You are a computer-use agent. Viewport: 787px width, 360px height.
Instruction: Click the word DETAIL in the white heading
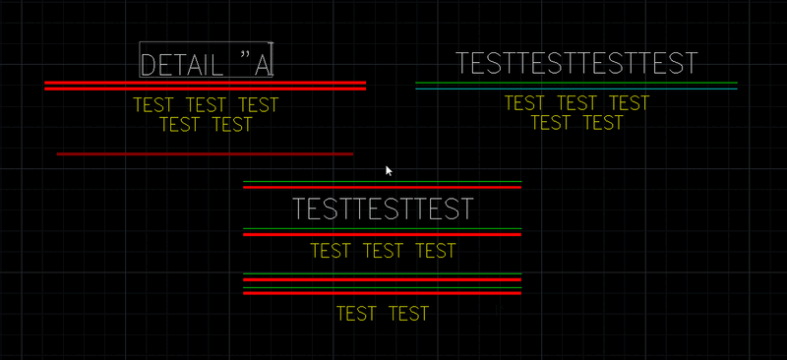tap(182, 65)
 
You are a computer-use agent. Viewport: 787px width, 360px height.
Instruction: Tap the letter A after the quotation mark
tap(263, 65)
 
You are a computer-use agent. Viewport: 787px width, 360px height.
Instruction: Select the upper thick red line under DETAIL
tap(205, 83)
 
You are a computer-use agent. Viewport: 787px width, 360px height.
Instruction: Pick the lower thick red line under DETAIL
tap(205, 89)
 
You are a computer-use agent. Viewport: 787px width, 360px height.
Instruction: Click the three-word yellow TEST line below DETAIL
tap(206, 105)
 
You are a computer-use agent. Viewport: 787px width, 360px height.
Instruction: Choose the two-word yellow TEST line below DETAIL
tap(206, 125)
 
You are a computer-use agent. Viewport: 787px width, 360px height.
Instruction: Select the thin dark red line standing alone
tap(205, 153)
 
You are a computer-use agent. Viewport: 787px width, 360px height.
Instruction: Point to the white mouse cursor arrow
tap(389, 170)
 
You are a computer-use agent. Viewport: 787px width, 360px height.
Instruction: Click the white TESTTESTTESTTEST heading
tap(576, 64)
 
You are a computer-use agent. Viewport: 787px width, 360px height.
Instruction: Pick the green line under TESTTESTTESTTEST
tap(576, 83)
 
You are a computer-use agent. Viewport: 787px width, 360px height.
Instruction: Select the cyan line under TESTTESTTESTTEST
tap(576, 89)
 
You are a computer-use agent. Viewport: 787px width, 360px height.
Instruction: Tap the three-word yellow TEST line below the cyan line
tap(577, 103)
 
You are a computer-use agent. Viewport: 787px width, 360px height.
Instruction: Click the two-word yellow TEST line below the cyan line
tap(577, 123)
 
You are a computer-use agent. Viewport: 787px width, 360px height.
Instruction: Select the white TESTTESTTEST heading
tap(383, 210)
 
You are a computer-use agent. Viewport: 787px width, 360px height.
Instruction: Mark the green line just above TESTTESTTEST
tap(383, 182)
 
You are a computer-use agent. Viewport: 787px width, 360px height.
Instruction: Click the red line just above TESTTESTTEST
tap(383, 187)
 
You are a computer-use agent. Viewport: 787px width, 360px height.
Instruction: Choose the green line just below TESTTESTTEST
tap(383, 229)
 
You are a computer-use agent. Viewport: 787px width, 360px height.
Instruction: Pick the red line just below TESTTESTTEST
tap(383, 235)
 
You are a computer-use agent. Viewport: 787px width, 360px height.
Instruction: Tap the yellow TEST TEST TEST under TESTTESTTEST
tap(383, 251)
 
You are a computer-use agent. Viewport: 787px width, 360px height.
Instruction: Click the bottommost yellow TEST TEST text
tap(383, 314)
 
